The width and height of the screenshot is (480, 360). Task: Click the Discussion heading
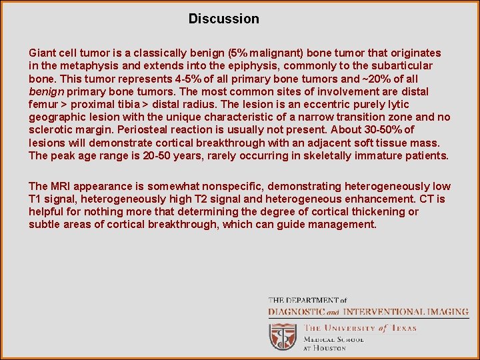click(223, 19)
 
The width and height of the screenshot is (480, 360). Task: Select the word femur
click(43, 105)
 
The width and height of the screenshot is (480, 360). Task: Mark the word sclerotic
click(50, 130)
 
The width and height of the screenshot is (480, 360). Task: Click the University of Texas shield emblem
click(283, 337)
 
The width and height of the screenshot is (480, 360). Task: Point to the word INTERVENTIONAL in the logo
click(384, 311)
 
